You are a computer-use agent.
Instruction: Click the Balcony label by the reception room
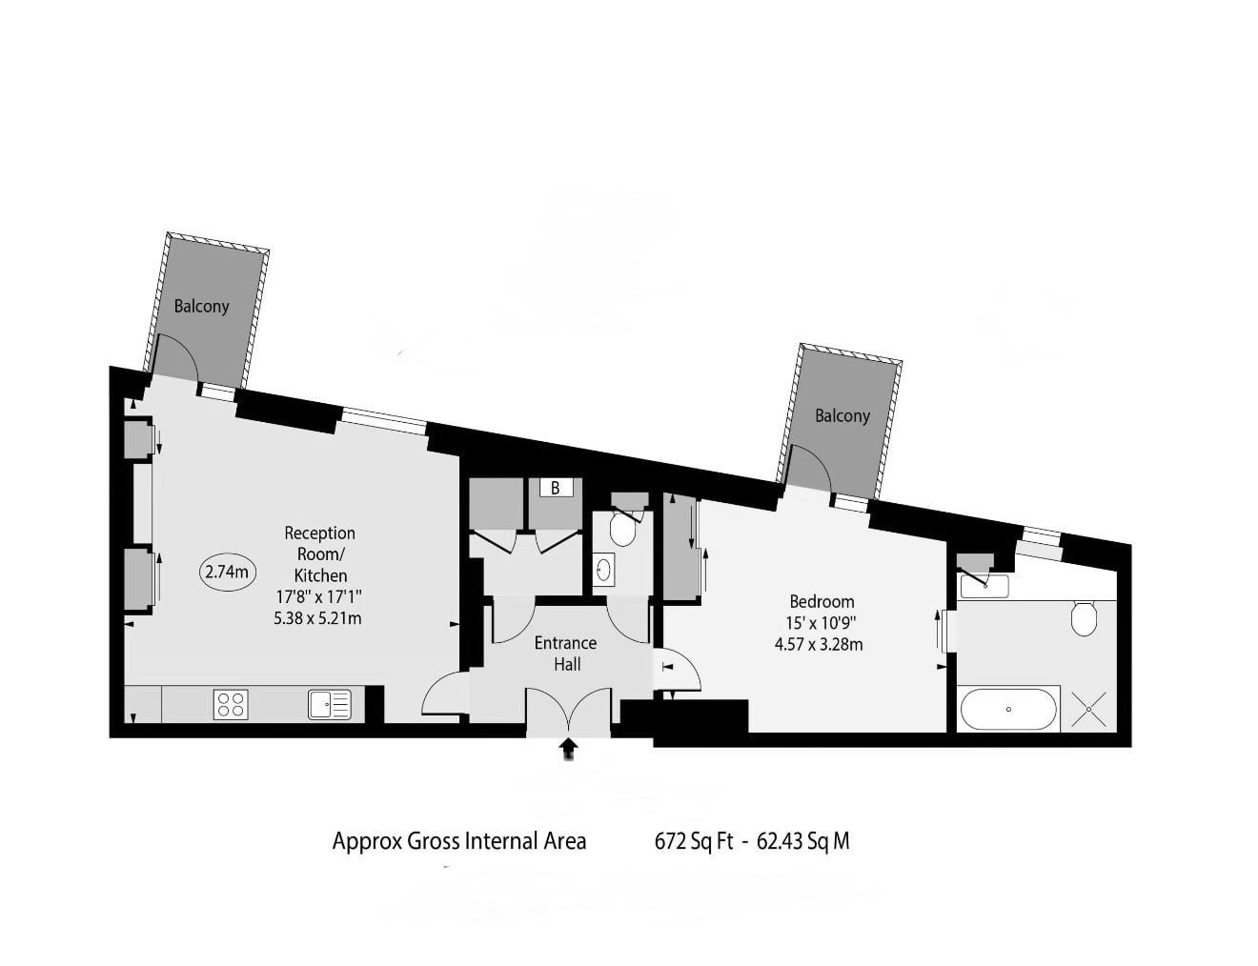(201, 306)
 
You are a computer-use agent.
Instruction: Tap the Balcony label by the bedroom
(842, 416)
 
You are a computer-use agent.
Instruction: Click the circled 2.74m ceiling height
(228, 573)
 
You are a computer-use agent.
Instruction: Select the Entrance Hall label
(566, 654)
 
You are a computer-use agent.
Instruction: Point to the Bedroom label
(822, 601)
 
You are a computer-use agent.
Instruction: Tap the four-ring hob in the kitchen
(231, 705)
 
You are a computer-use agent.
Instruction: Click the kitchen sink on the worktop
(330, 705)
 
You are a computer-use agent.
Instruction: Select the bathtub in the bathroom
(1008, 710)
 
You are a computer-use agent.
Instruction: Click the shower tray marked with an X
(1089, 709)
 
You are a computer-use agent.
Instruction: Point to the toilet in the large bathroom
(1084, 618)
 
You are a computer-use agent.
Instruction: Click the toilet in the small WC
(623, 528)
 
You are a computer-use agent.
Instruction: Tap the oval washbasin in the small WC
(603, 569)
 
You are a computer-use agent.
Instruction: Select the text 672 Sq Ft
(694, 841)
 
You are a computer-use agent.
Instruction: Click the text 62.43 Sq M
(803, 841)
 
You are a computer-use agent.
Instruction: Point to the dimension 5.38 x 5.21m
(317, 618)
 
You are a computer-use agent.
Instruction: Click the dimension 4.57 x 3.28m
(819, 644)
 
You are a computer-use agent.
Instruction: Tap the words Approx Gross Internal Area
(459, 841)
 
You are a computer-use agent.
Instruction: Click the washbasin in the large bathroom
(984, 586)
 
